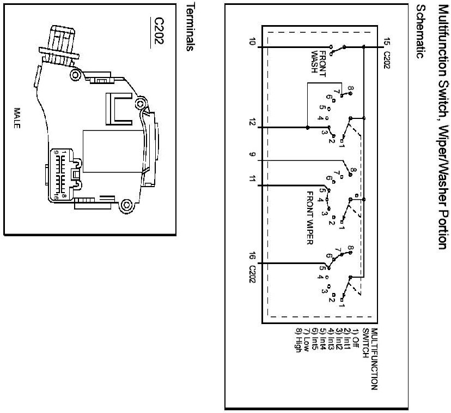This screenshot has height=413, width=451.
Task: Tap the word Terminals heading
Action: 190,27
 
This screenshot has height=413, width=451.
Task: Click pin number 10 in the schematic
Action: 252,41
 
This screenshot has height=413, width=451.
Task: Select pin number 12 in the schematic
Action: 252,122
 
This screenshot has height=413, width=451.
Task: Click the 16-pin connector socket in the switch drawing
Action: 65,173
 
